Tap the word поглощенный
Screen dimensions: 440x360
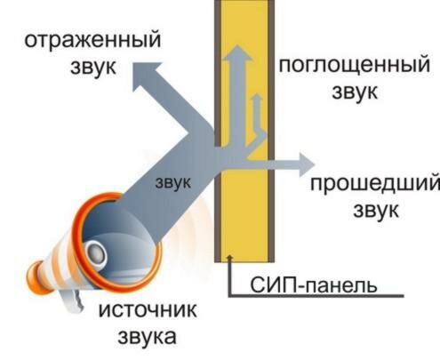point(354,66)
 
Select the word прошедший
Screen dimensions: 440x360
point(375,185)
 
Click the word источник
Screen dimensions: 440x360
point(148,310)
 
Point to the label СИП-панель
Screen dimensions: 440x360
point(314,284)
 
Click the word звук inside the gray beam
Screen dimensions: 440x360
point(173,182)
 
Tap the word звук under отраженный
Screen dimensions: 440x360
point(93,67)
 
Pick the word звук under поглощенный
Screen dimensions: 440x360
point(355,92)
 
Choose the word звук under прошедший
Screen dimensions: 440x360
point(376,211)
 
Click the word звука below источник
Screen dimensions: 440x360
point(147,336)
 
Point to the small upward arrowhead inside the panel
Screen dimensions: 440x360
point(257,97)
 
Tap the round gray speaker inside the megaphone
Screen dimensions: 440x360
point(96,252)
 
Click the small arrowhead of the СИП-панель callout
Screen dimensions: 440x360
point(229,258)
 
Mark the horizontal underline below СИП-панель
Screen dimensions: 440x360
point(316,295)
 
